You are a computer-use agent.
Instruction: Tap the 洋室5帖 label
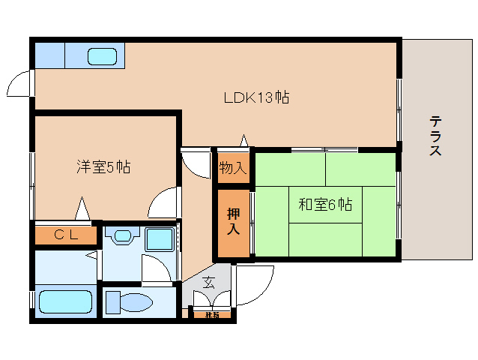pyautogui.click(x=103, y=166)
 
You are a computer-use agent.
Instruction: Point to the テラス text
pyautogui.click(x=435, y=136)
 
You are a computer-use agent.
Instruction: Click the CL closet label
pyautogui.click(x=66, y=235)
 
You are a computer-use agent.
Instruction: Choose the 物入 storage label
pyautogui.click(x=232, y=167)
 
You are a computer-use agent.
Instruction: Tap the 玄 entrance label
pyautogui.click(x=208, y=283)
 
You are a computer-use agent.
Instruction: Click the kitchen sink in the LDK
pyautogui.click(x=102, y=56)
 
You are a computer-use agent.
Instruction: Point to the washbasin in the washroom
pyautogui.click(x=121, y=237)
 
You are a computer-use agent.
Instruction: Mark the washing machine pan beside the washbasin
pyautogui.click(x=159, y=240)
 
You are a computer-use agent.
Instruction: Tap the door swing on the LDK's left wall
pyautogui.click(x=20, y=83)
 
